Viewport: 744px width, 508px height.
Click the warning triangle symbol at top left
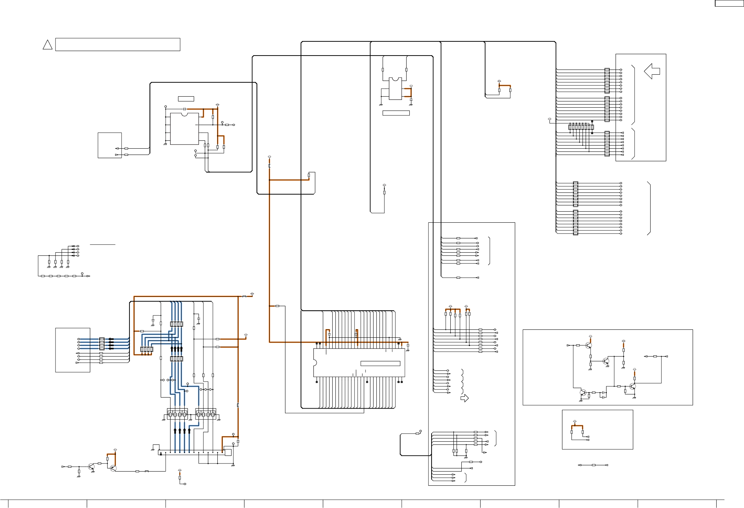48,45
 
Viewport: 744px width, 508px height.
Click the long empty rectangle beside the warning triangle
118,44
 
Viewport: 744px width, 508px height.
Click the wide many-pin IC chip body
359,363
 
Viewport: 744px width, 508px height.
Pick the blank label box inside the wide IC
380,363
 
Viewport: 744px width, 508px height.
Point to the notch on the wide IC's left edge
315,363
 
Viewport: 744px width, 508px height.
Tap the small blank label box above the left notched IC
186,99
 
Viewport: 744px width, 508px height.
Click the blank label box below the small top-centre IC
396,113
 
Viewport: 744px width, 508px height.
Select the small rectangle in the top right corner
729,3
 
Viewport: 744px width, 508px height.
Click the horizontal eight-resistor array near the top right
581,128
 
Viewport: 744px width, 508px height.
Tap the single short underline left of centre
102,245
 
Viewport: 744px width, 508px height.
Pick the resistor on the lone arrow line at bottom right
593,465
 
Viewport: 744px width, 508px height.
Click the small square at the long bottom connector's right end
228,452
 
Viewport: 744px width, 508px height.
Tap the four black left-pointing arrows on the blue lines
111,344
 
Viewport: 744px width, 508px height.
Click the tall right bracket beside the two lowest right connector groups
649,208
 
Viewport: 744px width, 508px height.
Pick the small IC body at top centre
395,89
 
